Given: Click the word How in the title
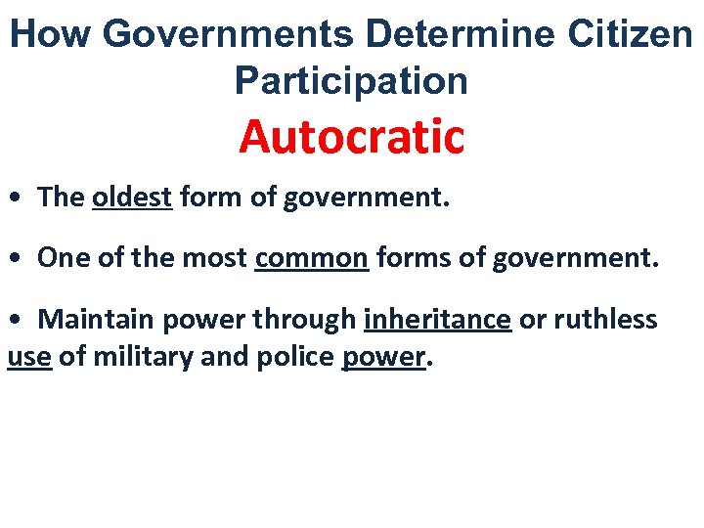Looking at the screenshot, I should point(51,34).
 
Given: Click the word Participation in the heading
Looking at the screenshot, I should point(351,81).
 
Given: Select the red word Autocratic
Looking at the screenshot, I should point(351,137).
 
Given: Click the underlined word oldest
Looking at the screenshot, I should point(132,198).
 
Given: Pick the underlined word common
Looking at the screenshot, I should point(312,258).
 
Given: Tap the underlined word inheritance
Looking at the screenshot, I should point(437,320).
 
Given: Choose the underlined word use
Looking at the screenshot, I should point(28,358).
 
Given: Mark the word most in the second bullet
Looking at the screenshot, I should point(217,258).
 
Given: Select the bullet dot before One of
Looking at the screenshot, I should point(15,260).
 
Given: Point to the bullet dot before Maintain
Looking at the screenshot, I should point(15,322).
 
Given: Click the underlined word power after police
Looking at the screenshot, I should point(383,358).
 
